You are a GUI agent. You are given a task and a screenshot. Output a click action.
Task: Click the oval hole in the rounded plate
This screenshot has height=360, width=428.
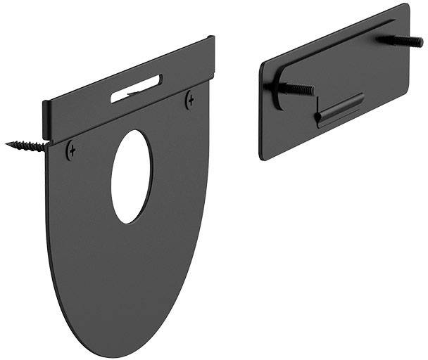click(x=132, y=176)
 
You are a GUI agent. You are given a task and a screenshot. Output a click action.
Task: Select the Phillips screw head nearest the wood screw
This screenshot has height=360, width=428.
click(x=70, y=150)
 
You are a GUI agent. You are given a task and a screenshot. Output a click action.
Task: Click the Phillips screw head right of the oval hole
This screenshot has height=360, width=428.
click(x=189, y=101)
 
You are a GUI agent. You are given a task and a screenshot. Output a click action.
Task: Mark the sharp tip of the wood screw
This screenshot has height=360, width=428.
click(x=7, y=143)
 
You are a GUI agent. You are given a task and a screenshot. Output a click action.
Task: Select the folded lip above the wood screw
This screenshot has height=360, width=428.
click(x=47, y=121)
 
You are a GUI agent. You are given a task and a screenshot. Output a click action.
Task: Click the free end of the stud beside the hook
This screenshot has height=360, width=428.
click(x=313, y=91)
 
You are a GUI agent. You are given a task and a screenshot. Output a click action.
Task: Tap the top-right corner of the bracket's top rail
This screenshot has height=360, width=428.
click(x=213, y=37)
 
